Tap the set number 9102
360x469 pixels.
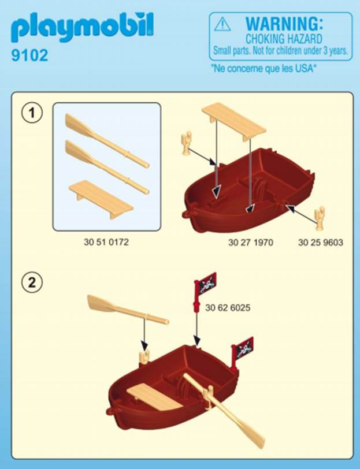point(29,55)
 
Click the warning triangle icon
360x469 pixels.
point(222,24)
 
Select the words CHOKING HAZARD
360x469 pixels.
point(284,39)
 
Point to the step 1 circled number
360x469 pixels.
point(32,113)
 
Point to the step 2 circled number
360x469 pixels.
point(32,282)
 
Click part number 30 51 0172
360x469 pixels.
point(106,242)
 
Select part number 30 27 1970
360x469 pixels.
point(251,242)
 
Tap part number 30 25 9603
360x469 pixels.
point(321,242)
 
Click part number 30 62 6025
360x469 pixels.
point(228,308)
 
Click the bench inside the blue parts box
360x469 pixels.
point(101,199)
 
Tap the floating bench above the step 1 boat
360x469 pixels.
point(233,122)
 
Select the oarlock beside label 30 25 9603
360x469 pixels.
point(320,218)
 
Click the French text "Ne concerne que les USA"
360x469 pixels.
point(263,69)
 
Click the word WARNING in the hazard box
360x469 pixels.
point(284,24)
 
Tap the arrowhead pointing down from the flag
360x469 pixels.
point(196,340)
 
